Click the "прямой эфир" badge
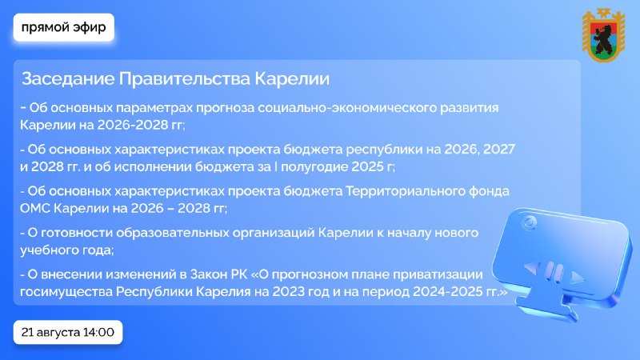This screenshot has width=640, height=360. click(64, 27)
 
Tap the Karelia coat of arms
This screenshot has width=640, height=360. click(603, 35)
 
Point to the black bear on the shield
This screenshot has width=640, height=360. click(603, 38)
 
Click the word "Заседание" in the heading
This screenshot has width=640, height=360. click(68, 78)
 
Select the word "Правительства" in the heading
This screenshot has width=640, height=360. click(185, 78)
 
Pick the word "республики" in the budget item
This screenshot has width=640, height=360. click(384, 150)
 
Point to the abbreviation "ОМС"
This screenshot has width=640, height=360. click(35, 209)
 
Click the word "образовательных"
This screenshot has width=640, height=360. click(173, 233)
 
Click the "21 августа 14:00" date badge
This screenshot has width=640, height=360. click(68, 332)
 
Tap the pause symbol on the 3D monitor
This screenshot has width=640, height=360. click(554, 271)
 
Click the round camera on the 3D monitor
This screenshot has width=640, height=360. click(529, 223)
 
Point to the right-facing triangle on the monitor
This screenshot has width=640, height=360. click(577, 277)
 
